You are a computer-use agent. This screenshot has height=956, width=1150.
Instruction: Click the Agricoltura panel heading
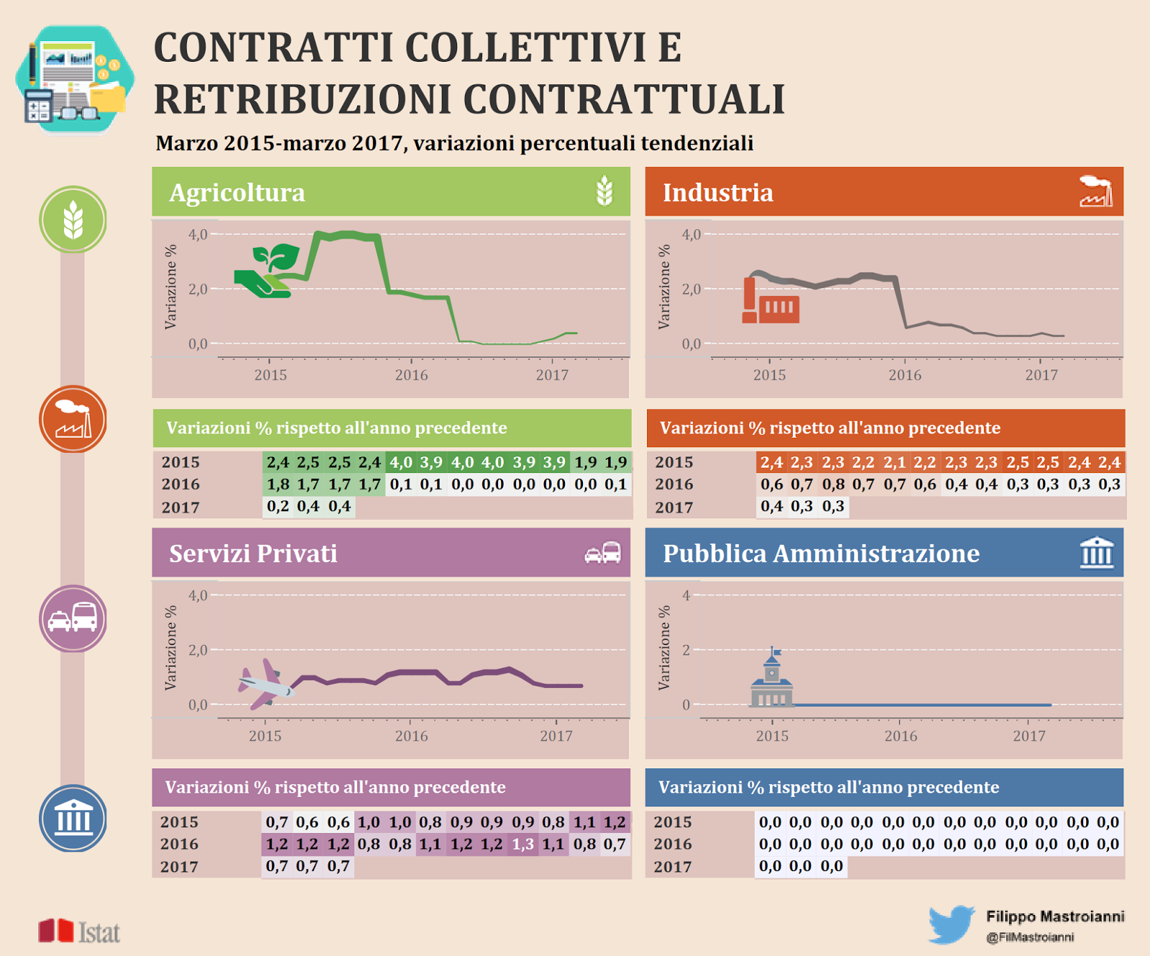237,193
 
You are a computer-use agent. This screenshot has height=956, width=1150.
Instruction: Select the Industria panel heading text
718,193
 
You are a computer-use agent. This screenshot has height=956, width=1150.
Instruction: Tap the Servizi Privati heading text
253,553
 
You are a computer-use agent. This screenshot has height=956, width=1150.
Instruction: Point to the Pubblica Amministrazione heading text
821,553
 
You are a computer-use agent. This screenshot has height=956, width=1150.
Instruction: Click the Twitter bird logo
952,924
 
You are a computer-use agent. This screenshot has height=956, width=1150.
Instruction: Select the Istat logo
79,931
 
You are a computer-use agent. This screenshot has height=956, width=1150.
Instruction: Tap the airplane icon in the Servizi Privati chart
265,684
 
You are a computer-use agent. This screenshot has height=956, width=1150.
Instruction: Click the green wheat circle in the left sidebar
73,219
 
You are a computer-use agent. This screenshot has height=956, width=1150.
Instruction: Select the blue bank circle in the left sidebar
73,819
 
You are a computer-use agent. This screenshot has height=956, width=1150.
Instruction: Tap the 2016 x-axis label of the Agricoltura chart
411,374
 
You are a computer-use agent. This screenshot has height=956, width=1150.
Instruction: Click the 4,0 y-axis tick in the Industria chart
691,234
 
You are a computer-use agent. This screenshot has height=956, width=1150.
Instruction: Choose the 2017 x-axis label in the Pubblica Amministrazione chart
1029,735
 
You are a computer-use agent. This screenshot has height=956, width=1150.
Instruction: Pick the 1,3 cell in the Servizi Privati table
523,844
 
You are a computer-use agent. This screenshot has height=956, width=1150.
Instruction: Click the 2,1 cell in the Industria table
894,462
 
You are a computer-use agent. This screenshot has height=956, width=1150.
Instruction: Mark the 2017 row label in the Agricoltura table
180,507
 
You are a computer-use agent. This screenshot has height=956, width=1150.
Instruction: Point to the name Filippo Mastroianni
1055,916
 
